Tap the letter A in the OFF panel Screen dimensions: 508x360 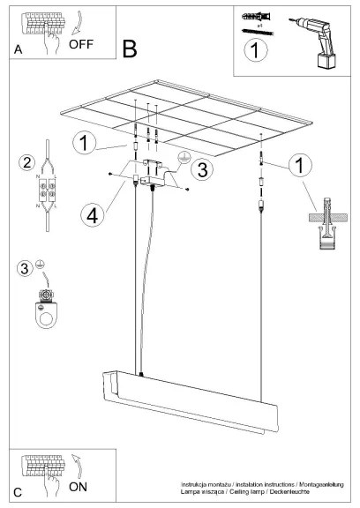coord(18,51)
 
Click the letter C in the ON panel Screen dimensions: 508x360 coord(18,490)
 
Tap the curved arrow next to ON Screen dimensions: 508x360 coord(80,467)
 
